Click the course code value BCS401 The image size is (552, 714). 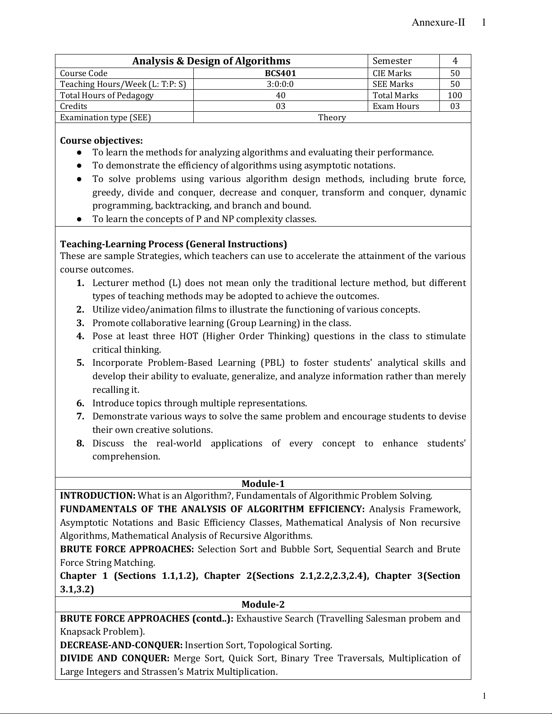coord(280,73)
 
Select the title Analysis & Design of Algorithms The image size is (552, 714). coord(211,61)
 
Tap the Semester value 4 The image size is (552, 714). coord(455,61)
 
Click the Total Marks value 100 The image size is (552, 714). coord(455,96)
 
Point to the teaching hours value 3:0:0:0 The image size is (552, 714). coord(280,84)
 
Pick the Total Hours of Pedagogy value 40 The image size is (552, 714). coord(280,96)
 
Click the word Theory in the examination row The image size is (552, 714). coord(332,118)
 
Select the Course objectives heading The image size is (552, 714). coord(101,141)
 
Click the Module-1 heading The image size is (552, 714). coord(263,484)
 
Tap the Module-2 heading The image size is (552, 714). coord(263,605)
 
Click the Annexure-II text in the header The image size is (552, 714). coord(438,23)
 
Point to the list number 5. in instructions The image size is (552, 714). coord(80,363)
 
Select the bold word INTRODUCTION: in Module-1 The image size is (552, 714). coord(98,496)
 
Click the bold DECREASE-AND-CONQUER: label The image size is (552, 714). coord(121,645)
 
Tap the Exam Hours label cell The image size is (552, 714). coord(396,106)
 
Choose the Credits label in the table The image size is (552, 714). coord(73,106)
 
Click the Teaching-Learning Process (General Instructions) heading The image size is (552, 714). coord(173,244)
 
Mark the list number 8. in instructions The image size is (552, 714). coord(80,443)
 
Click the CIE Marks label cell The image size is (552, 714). coord(392,73)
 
